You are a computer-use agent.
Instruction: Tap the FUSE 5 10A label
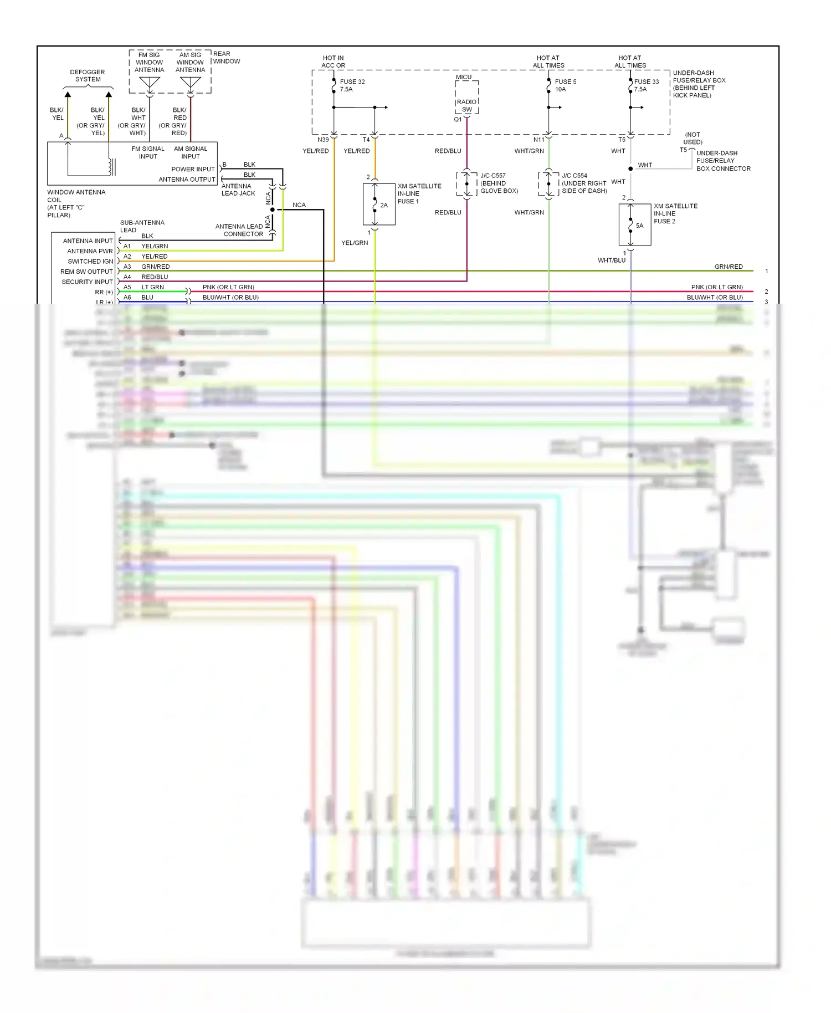click(x=565, y=85)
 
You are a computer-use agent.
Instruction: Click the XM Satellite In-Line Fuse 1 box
click(x=379, y=204)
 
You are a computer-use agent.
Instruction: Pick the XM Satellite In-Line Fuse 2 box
click(x=634, y=224)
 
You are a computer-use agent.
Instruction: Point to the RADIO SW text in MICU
click(x=466, y=105)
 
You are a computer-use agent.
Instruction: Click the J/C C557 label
click(x=493, y=176)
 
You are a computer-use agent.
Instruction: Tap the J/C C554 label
click(x=574, y=176)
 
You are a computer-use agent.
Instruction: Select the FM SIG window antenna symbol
click(x=150, y=83)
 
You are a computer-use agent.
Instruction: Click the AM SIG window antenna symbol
click(x=191, y=83)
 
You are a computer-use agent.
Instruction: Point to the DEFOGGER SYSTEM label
click(x=88, y=75)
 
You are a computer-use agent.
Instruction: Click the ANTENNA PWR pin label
click(x=90, y=251)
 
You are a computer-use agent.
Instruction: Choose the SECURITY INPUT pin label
click(x=87, y=282)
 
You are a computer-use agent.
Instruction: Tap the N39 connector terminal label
click(x=323, y=140)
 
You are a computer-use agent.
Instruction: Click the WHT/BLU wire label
click(x=611, y=260)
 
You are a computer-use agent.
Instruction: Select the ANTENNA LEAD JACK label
click(x=238, y=190)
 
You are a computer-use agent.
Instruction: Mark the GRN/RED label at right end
click(x=728, y=267)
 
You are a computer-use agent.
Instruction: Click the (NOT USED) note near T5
click(x=693, y=138)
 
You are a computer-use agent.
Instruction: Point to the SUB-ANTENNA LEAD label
click(x=142, y=226)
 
